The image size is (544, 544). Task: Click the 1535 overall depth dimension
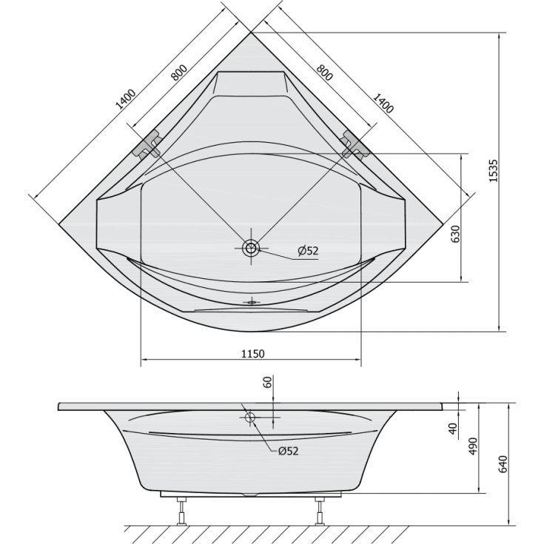tap(494, 172)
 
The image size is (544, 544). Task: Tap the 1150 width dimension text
tap(252, 354)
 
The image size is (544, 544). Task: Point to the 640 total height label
tap(503, 464)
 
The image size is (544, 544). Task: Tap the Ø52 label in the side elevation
tap(287, 451)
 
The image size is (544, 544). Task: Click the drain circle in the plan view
tap(251, 248)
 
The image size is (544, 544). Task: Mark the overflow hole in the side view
tap(249, 418)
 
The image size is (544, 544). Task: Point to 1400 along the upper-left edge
tap(124, 100)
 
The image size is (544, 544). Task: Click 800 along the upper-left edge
tap(178, 73)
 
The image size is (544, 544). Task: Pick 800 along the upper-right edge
tap(324, 73)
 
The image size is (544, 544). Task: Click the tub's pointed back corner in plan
tap(251, 34)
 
